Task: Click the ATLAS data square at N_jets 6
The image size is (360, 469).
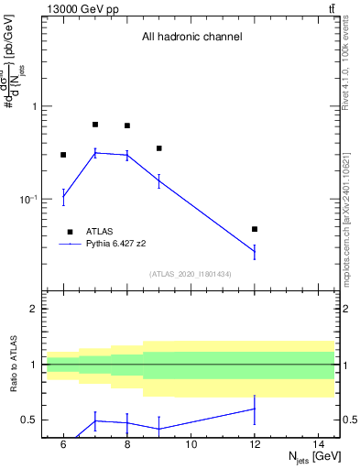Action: pyautogui.click(x=63, y=155)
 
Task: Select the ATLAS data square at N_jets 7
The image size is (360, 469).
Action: pyautogui.click(x=95, y=125)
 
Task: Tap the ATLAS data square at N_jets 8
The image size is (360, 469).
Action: pyautogui.click(x=127, y=125)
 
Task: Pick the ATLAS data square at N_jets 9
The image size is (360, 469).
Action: pyautogui.click(x=159, y=148)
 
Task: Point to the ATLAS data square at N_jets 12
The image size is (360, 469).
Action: pyautogui.click(x=255, y=229)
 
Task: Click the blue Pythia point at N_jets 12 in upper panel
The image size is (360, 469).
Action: pyautogui.click(x=255, y=251)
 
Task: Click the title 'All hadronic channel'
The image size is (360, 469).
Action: pyautogui.click(x=191, y=38)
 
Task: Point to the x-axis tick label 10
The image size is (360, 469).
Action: pyautogui.click(x=191, y=444)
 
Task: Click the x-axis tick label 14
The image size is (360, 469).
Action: pyautogui.click(x=319, y=444)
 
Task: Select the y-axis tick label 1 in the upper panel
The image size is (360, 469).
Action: pyautogui.click(x=36, y=106)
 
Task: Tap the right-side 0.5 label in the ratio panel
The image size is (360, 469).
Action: pyautogui.click(x=348, y=420)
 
